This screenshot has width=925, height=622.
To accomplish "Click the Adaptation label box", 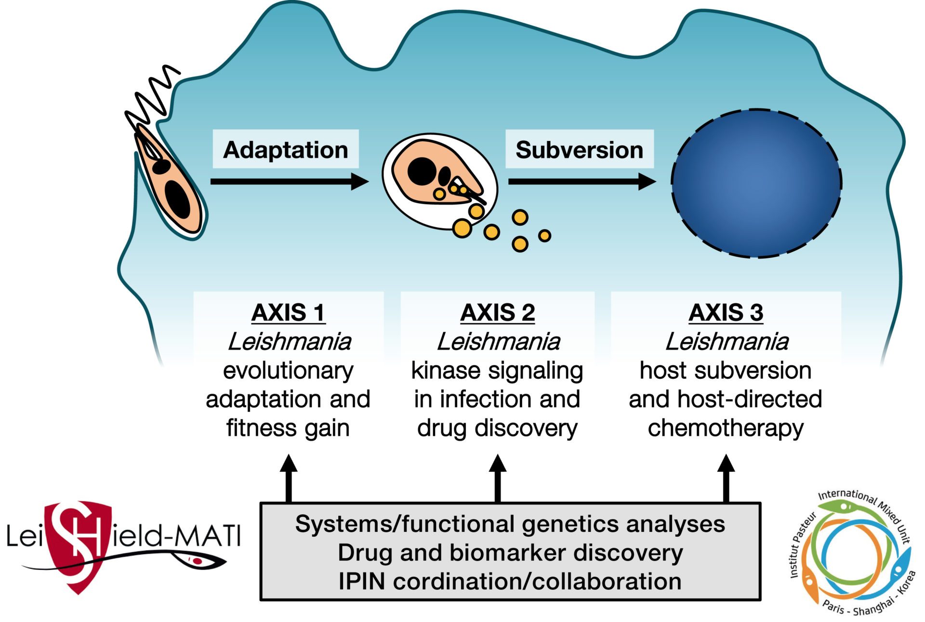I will click(286, 149).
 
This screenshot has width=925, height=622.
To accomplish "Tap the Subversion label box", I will click(579, 149).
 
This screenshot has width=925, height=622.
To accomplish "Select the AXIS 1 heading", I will click(288, 312).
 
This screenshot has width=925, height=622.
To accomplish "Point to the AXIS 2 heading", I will click(497, 312).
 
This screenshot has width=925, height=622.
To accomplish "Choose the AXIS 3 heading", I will click(726, 312).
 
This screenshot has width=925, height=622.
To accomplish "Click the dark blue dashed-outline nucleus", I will click(756, 183).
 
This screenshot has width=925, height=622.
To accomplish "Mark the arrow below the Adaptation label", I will click(289, 181).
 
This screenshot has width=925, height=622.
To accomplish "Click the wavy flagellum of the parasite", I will click(152, 96).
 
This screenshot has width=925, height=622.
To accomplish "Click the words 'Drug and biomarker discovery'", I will click(510, 552).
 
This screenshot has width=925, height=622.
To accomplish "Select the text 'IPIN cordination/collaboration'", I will click(510, 581).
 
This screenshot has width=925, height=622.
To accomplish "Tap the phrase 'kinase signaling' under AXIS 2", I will click(497, 371).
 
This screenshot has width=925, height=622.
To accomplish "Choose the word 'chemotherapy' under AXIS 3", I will click(726, 428).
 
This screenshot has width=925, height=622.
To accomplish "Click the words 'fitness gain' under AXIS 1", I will click(288, 428).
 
